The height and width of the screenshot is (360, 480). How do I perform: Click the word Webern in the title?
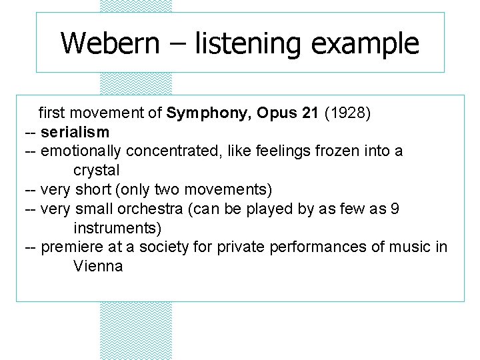click(110, 44)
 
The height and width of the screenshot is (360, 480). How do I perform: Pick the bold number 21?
click(310, 113)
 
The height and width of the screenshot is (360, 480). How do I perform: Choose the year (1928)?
click(347, 113)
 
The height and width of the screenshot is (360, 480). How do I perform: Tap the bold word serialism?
click(75, 132)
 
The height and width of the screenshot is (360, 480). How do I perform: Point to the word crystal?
click(97, 171)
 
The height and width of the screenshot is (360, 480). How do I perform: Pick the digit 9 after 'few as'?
click(395, 209)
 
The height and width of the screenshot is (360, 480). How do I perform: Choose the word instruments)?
click(117, 228)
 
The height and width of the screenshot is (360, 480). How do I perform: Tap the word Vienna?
click(98, 267)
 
